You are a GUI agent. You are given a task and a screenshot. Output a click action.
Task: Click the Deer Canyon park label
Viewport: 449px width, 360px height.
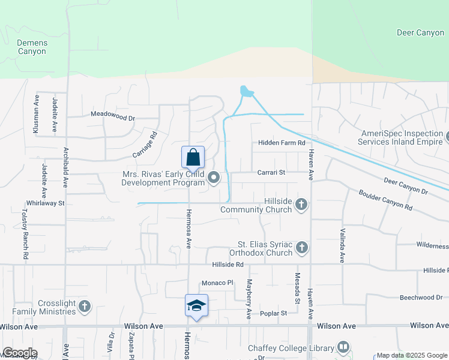tap(421, 32)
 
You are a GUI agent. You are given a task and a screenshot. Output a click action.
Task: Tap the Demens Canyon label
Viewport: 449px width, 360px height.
tap(31, 47)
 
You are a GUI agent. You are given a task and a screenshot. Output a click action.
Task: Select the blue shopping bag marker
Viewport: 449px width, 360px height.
tap(193, 158)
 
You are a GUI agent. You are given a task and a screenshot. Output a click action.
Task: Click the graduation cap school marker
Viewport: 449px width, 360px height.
tap(197, 305)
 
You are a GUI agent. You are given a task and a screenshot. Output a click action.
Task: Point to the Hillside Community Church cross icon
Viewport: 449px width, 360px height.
tap(301, 205)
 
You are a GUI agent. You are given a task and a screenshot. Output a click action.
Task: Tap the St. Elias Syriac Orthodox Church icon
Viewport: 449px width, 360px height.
tap(301, 247)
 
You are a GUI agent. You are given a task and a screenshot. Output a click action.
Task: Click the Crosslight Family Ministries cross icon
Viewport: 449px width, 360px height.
tap(84, 307)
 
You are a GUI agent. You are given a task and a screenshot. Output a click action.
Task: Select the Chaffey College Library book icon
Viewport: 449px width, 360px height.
tap(343, 347)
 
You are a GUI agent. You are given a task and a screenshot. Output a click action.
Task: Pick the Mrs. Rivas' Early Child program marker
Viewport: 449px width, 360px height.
tap(213, 177)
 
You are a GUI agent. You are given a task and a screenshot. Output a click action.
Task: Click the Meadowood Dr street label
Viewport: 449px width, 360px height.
tap(113, 113)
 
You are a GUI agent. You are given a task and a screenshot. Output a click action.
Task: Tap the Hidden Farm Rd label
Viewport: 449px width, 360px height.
tap(282, 143)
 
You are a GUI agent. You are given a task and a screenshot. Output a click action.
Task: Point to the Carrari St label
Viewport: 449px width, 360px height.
tap(271, 172)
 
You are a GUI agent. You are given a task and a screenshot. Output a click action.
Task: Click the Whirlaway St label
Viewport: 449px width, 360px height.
tap(45, 203)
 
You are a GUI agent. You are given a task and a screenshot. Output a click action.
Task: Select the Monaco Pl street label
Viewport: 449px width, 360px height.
tap(217, 283)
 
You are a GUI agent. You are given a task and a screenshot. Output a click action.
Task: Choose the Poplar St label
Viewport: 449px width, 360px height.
tap(274, 313)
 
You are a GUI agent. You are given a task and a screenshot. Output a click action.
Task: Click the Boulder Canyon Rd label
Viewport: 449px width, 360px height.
tap(385, 200)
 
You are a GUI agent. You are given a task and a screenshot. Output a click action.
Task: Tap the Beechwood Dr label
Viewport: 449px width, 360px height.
tap(421, 298)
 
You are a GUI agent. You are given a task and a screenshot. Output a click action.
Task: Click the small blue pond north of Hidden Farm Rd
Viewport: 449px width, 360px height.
tap(246, 92)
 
